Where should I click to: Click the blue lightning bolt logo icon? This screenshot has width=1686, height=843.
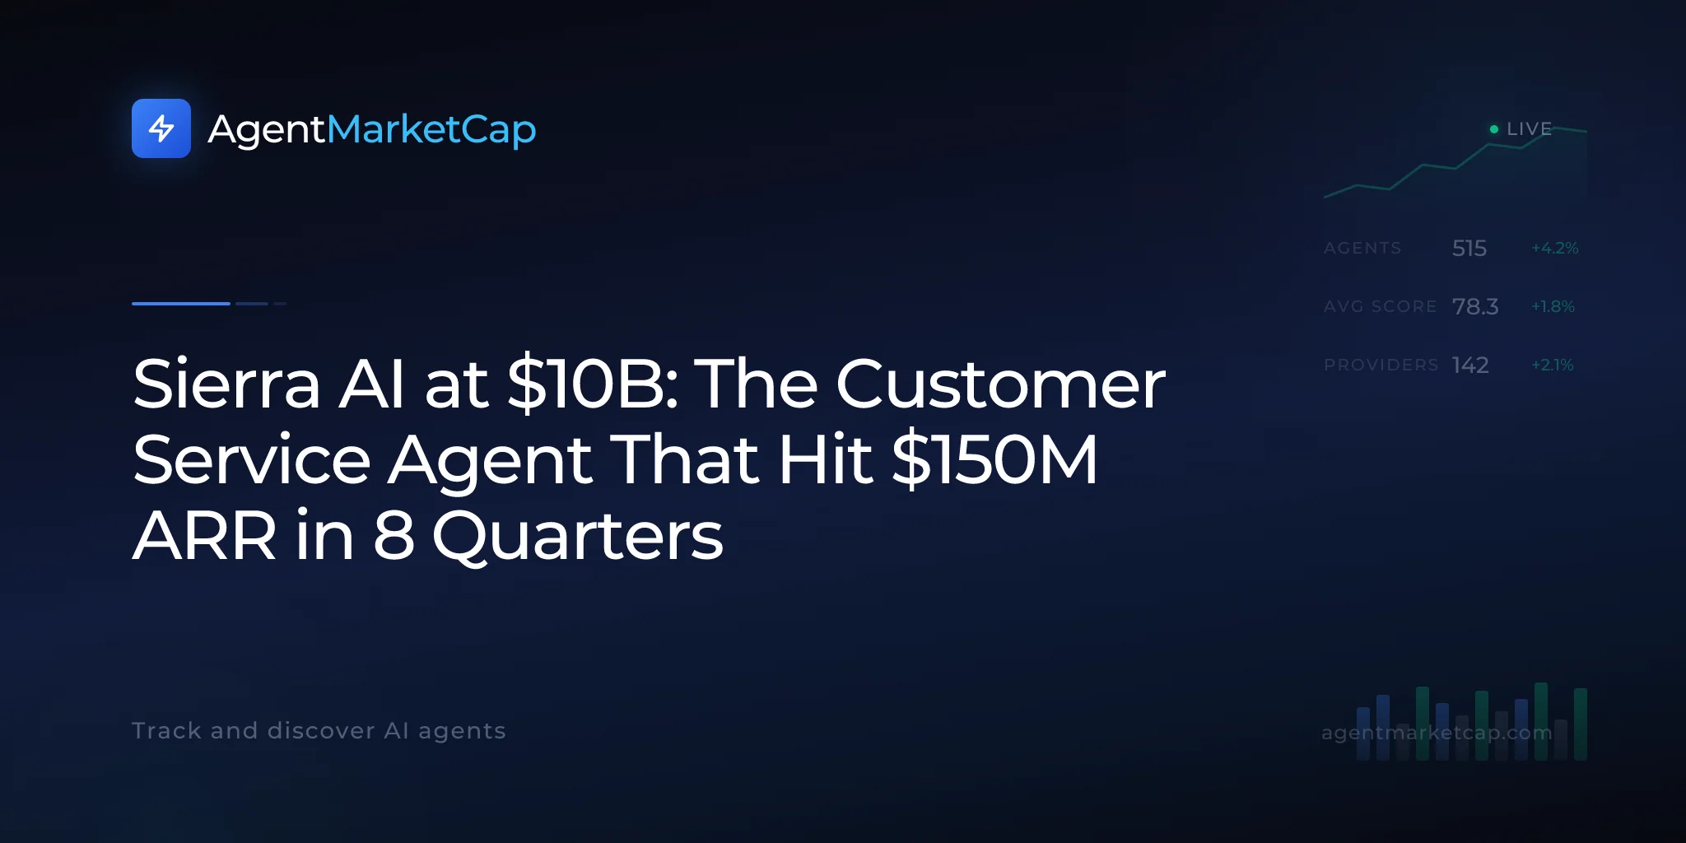point(161,128)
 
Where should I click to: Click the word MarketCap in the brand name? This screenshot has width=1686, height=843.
point(431,130)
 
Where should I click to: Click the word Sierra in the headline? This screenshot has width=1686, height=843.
point(226,384)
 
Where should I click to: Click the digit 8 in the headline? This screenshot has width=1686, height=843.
point(394,535)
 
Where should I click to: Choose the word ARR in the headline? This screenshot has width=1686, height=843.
point(205,536)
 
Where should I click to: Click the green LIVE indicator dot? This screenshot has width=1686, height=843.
point(1494,129)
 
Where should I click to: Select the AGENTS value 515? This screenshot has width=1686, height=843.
point(1469,248)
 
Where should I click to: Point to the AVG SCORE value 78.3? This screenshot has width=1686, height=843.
point(1475,306)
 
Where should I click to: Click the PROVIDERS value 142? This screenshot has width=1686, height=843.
point(1470,365)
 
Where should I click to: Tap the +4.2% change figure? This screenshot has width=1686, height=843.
point(1555,248)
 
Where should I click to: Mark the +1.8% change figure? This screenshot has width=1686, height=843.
point(1553,306)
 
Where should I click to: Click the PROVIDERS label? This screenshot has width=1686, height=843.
point(1381,365)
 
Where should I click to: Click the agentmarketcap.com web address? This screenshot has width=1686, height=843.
point(1437,733)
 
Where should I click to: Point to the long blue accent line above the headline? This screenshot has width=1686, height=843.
point(181,304)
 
